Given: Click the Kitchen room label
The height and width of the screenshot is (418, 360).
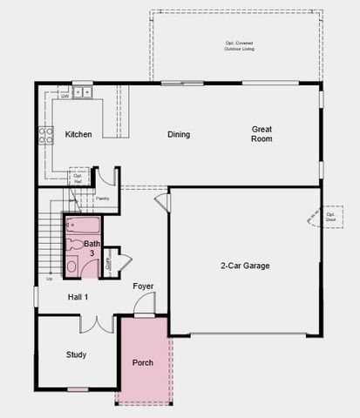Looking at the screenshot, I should point(79,134).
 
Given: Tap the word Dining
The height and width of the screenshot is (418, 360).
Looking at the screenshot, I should point(179,134).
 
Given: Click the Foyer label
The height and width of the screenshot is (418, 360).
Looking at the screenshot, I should point(143,287).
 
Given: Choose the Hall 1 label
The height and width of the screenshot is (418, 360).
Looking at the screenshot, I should point(78,297).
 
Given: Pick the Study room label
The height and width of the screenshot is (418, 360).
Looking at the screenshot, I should point(77,354).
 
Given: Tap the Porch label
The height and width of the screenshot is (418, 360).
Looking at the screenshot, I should point(143,362).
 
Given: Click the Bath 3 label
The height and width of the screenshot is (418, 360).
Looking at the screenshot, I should point(92,248).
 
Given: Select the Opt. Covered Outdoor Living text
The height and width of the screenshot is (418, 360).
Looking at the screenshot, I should point(235,47).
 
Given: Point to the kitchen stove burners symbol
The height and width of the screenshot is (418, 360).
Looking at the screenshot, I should point(44,135).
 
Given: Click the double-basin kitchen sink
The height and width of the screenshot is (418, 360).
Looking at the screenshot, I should point(83,90).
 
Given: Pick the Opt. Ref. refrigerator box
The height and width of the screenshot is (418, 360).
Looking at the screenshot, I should point(78,179).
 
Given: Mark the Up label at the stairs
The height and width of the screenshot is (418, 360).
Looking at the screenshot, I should point(49,280).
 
